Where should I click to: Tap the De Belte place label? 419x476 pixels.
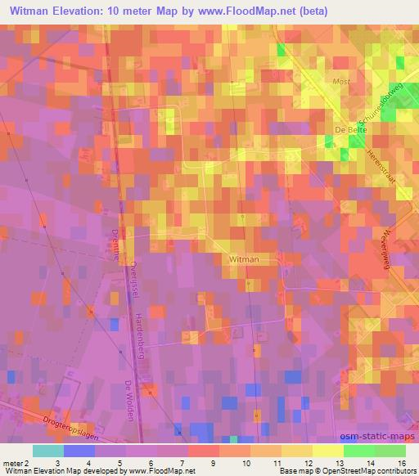click(x=349, y=128)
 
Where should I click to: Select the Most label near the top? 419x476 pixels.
click(x=341, y=81)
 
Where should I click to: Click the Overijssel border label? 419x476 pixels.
click(x=131, y=279)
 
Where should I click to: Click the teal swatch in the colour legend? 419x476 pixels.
click(x=47, y=451)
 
